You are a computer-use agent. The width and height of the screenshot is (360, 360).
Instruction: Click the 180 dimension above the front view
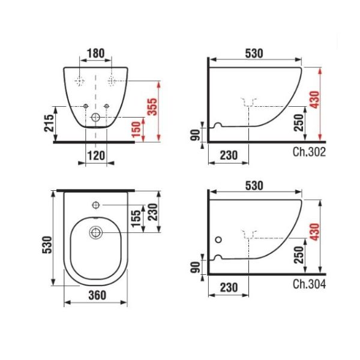point(96,53)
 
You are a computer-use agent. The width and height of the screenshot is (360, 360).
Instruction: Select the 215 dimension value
point(51,124)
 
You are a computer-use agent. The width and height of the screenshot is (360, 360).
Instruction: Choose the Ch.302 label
point(310,152)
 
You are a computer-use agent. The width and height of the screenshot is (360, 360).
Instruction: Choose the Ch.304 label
point(310,284)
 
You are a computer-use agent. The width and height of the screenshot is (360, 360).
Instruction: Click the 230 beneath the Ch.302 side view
point(228,155)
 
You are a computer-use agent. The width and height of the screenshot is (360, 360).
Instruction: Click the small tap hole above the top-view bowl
point(96,205)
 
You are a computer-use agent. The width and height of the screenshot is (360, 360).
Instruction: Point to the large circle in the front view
point(96,119)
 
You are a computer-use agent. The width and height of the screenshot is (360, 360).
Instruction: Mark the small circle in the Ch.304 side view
point(217,239)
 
